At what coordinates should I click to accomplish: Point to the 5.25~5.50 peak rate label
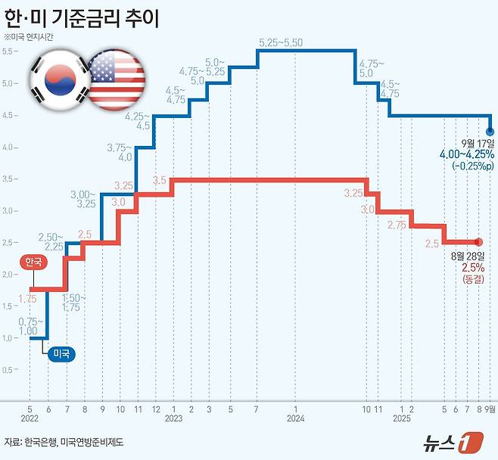click(x=280, y=42)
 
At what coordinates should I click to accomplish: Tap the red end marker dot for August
click(x=478, y=242)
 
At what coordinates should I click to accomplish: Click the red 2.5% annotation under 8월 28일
click(x=473, y=267)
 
